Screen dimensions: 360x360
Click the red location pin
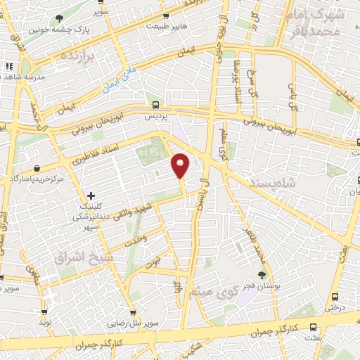tap(181, 165)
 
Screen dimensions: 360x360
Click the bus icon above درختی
tap(334, 297)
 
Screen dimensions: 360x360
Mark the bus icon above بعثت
tap(313, 327)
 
